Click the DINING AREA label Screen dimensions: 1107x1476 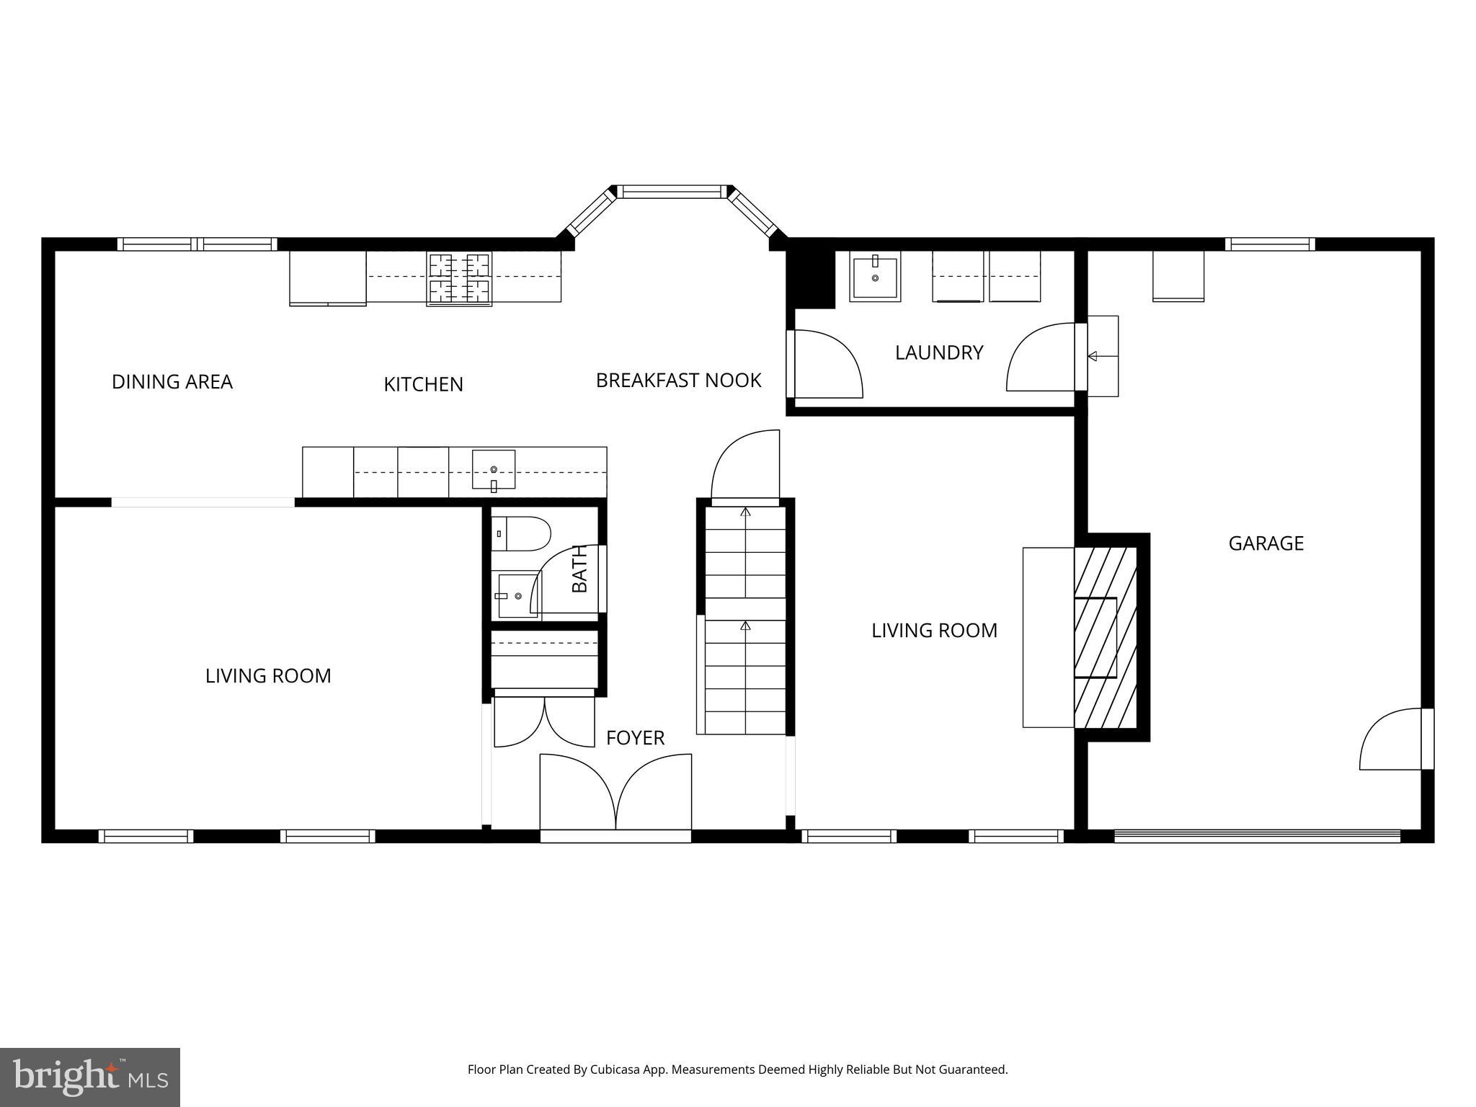click(x=172, y=382)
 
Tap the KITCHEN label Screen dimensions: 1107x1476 click(x=423, y=385)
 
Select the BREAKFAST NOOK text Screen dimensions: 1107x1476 click(x=678, y=381)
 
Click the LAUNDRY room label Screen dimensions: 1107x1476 click(x=938, y=352)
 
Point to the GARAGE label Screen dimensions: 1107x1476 click(x=1266, y=543)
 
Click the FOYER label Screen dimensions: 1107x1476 click(x=635, y=738)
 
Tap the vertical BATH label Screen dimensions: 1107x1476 click(x=579, y=569)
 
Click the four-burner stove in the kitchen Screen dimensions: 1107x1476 click(x=459, y=278)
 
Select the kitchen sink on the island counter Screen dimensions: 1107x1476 click(x=494, y=469)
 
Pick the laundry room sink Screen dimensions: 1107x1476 click(x=875, y=275)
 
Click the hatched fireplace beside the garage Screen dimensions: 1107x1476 click(x=1105, y=638)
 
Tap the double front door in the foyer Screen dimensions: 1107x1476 click(x=615, y=793)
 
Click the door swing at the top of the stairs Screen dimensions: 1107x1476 click(x=746, y=465)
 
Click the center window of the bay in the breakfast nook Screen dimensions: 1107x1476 click(x=672, y=192)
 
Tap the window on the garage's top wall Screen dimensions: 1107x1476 click(x=1269, y=244)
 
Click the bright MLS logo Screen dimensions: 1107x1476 click(x=90, y=1077)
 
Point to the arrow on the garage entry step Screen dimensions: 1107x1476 click(x=1093, y=356)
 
